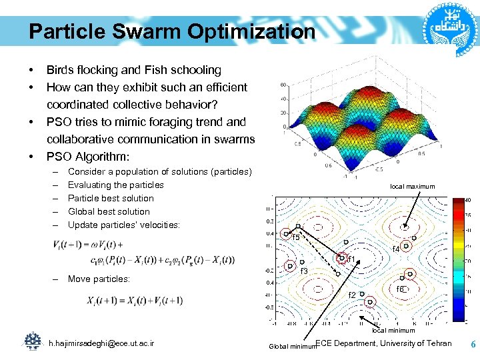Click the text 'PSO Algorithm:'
[88, 157]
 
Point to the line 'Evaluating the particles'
[115, 185]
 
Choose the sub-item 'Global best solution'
[109, 211]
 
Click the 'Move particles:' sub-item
[99, 279]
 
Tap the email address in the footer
[101, 343]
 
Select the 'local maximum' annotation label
[413, 187]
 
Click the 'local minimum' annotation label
[393, 330]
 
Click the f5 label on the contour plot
[296, 237]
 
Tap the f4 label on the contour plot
[395, 249]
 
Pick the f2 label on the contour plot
[353, 295]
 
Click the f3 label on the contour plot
[303, 271]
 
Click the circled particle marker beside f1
[342, 257]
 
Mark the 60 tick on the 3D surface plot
[283, 85]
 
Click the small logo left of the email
[32, 341]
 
